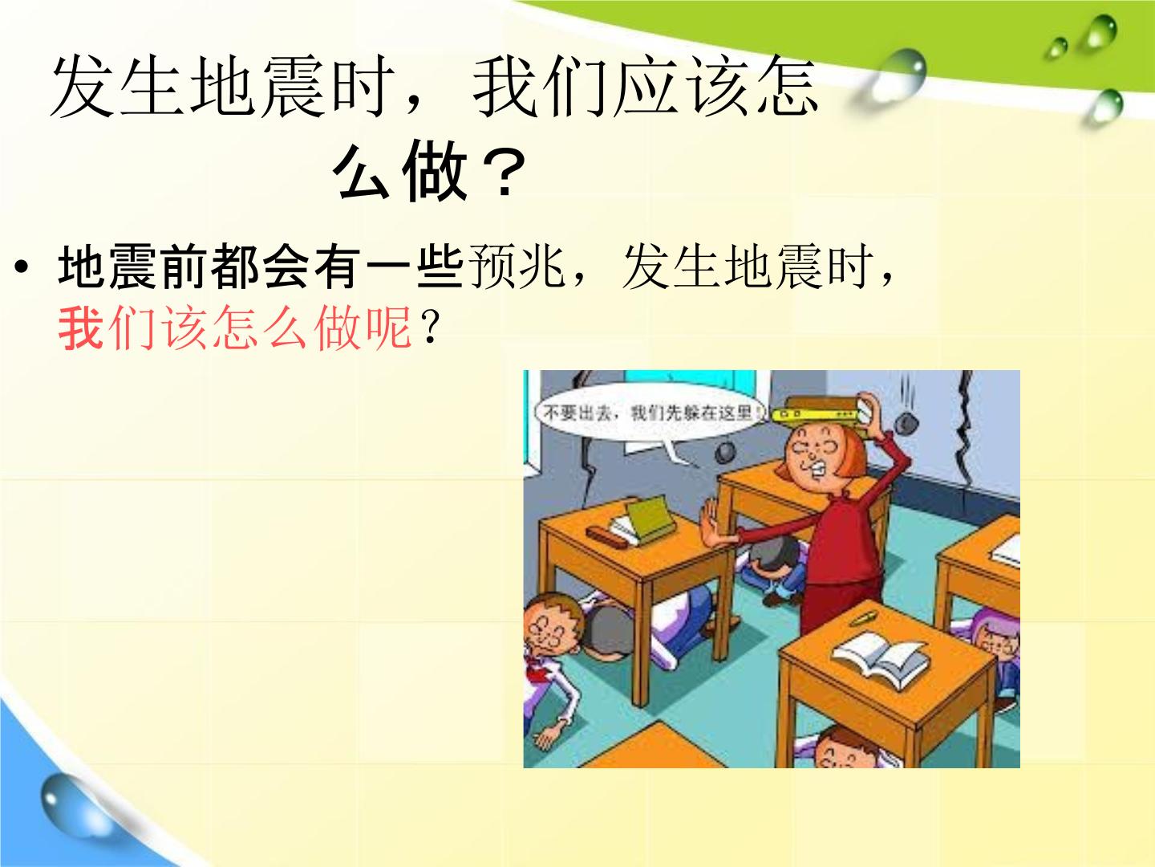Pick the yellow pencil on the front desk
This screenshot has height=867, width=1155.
[864, 619]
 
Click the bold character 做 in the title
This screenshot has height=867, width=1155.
[435, 173]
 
